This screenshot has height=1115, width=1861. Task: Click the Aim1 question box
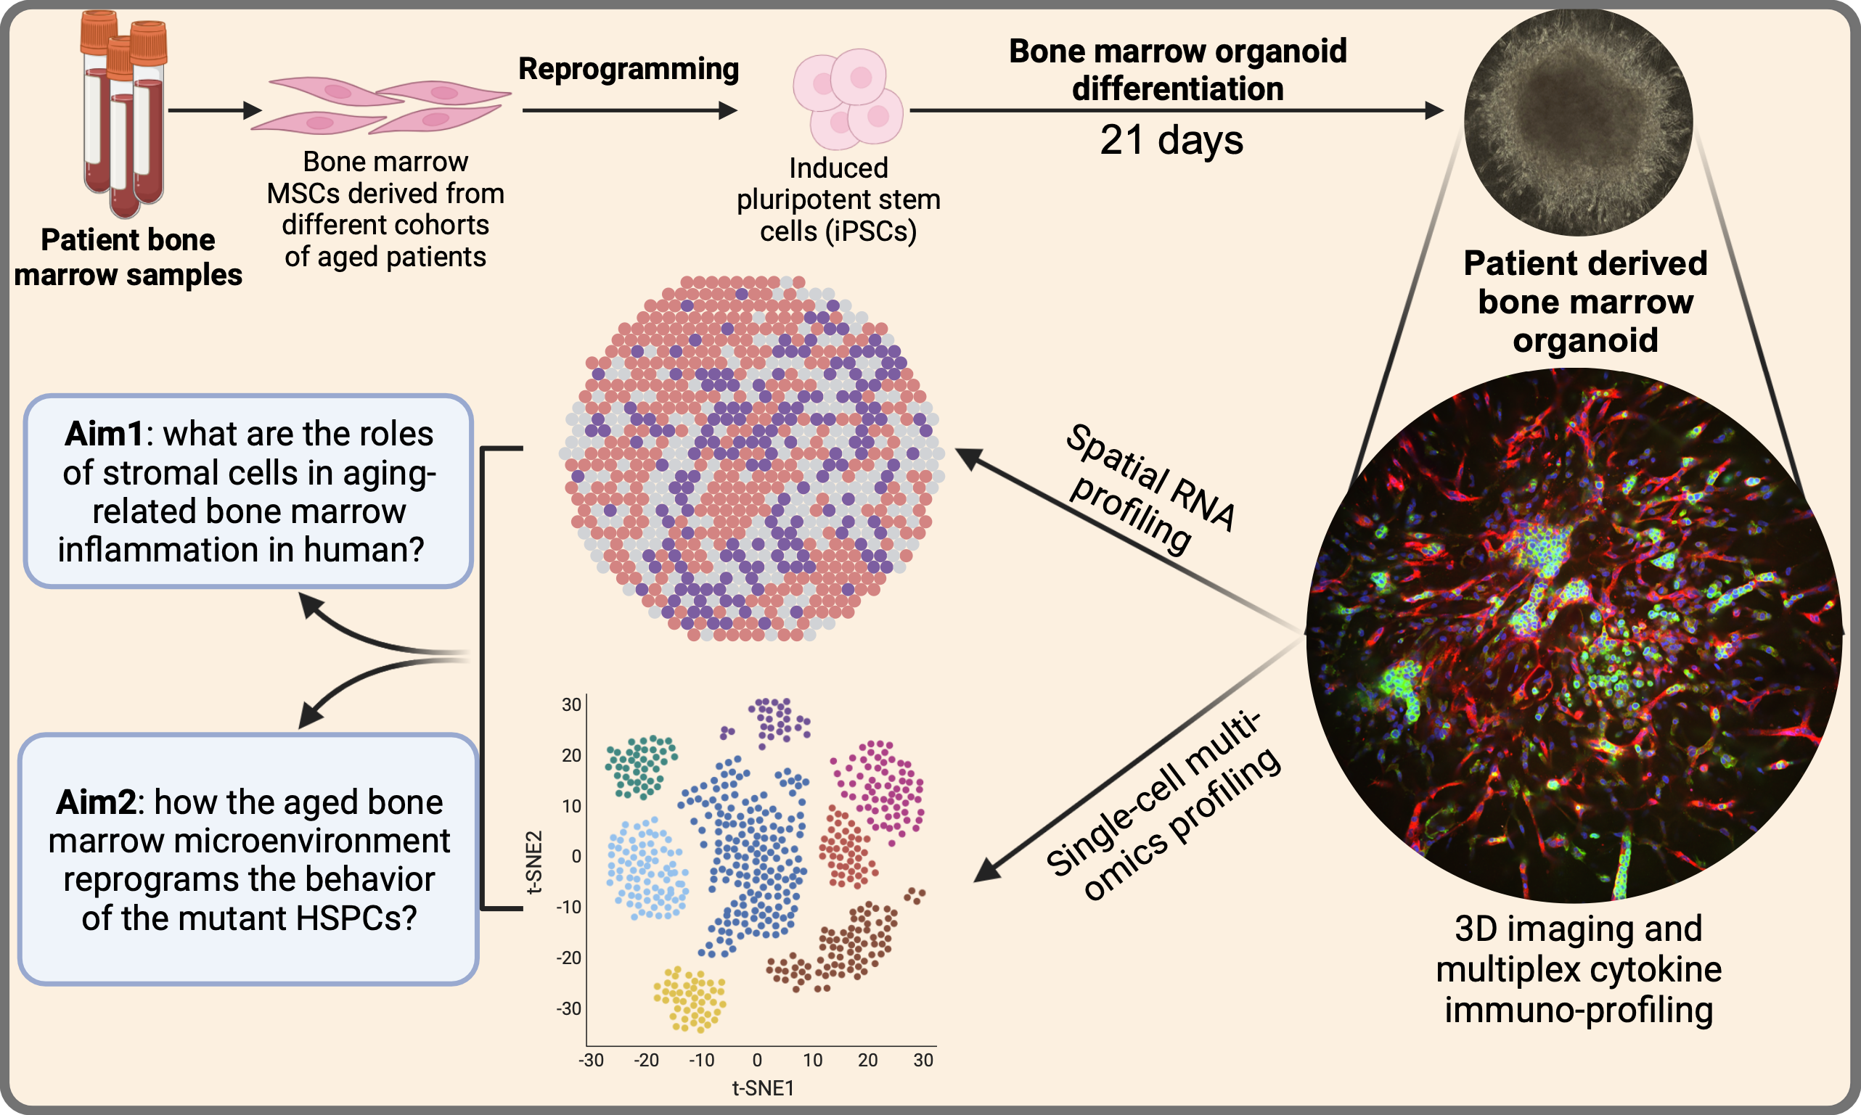[x=248, y=490]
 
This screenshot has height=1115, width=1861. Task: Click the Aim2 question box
[x=248, y=859]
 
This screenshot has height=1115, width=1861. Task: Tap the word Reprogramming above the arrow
[x=629, y=69]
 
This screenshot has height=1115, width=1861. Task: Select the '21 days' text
[x=1171, y=141]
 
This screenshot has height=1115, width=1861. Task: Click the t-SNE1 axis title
[x=763, y=1088]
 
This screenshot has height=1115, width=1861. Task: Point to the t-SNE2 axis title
[x=533, y=862]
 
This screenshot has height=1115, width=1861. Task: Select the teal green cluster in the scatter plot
[x=641, y=765]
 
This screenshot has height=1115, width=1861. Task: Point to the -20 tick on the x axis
[x=646, y=1060]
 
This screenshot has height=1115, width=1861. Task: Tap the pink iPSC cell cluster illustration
[x=848, y=99]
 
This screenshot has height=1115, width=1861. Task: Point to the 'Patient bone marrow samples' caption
[x=128, y=258]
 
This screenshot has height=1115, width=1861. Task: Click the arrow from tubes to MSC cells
[x=215, y=110]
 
